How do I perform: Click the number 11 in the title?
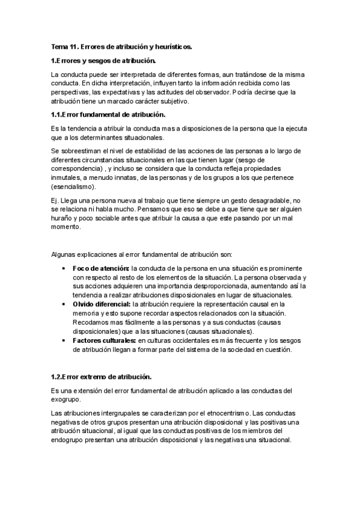[74, 46]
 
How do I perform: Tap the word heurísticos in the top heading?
[180, 46]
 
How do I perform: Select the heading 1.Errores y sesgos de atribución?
[103, 60]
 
